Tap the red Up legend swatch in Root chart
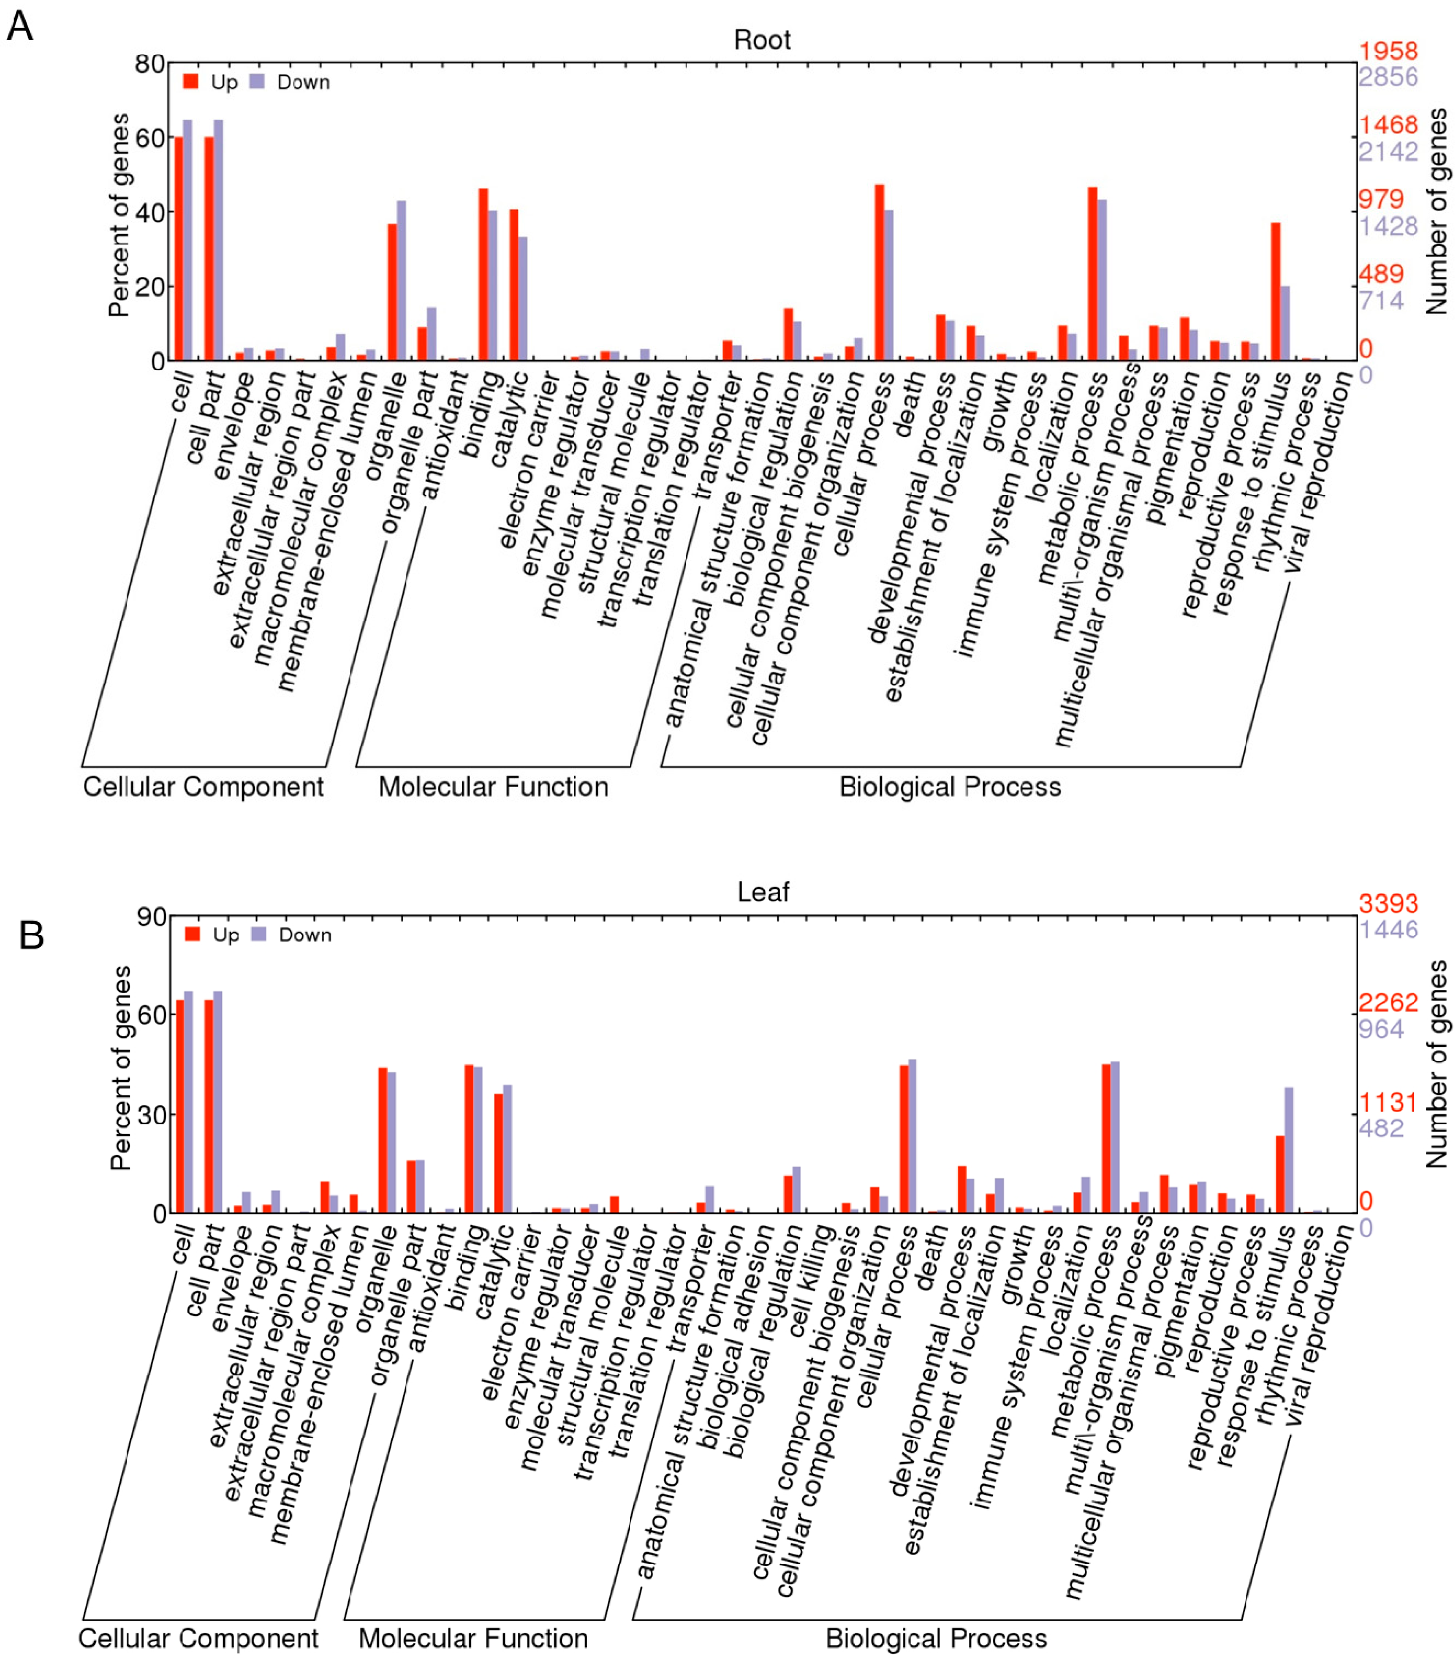click(191, 81)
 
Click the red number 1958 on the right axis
click(1388, 50)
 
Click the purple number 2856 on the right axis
click(1388, 77)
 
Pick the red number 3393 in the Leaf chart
click(1388, 903)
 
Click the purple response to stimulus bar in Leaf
click(1288, 1150)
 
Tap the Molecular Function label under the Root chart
click(493, 787)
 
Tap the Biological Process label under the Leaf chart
click(936, 1638)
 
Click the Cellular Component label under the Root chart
click(203, 787)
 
